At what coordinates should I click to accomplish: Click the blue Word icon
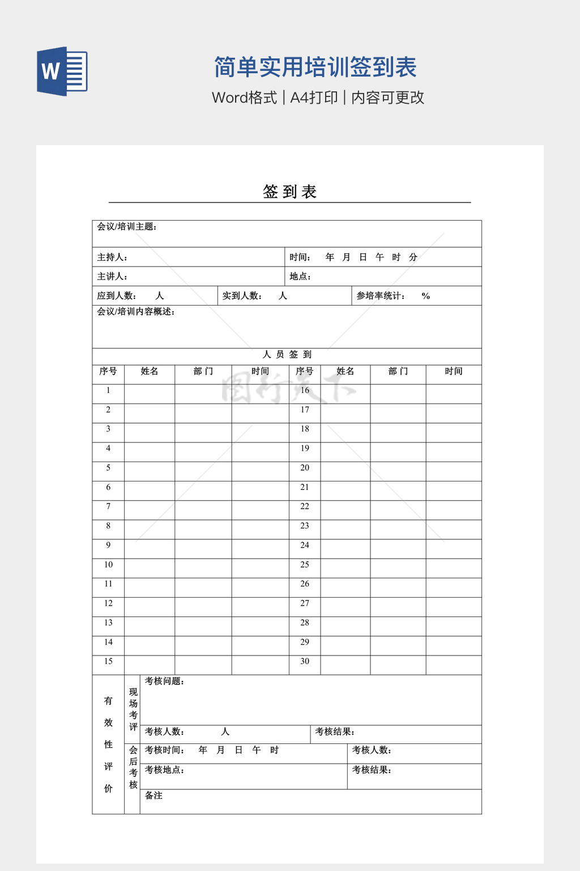point(62,71)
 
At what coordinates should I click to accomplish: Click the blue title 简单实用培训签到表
point(315,67)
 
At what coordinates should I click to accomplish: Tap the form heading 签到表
point(289,192)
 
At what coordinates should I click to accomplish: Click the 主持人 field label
point(112,257)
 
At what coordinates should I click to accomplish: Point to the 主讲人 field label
point(112,277)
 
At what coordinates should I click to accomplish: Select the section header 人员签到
point(287,355)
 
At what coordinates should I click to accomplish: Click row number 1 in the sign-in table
point(108,391)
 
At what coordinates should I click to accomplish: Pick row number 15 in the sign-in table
point(108,661)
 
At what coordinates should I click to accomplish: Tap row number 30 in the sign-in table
point(305,661)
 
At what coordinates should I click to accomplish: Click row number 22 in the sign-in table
point(305,506)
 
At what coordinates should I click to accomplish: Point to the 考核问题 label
point(164,682)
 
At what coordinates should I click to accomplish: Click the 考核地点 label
point(164,770)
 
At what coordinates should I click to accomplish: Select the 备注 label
point(153,796)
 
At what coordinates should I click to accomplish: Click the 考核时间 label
point(164,750)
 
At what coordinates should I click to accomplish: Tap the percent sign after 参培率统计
point(426,296)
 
